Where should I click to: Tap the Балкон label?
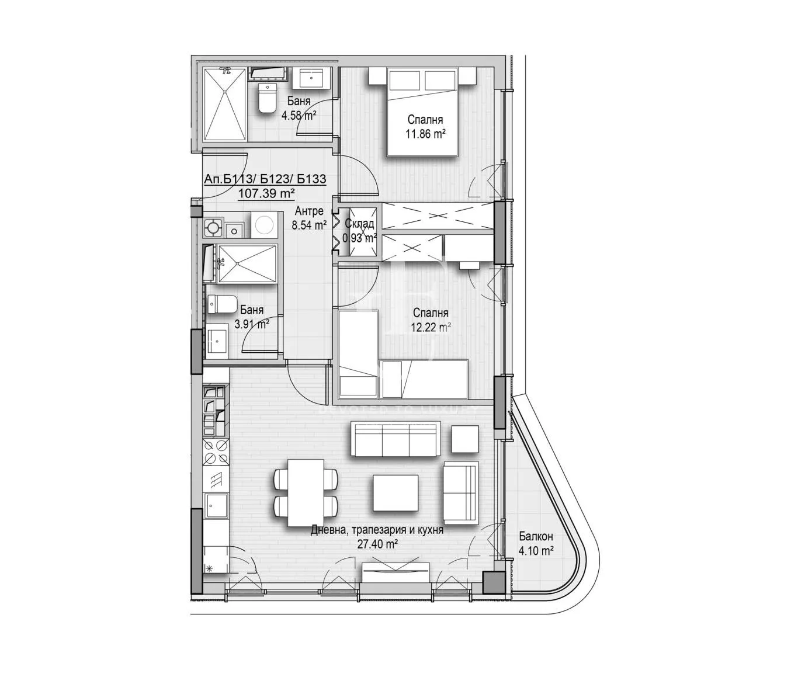pyautogui.click(x=536, y=536)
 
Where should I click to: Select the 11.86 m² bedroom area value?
pyautogui.click(x=425, y=133)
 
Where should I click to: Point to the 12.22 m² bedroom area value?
pyautogui.click(x=429, y=327)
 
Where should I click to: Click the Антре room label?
pyautogui.click(x=309, y=211)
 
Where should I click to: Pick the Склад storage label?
pyautogui.click(x=359, y=224)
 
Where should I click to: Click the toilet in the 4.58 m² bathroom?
pyautogui.click(x=267, y=99)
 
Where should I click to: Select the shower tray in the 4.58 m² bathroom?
pyautogui.click(x=224, y=104)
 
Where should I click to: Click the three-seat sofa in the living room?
pyautogui.click(x=394, y=439)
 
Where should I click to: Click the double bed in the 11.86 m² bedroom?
pyautogui.click(x=422, y=111)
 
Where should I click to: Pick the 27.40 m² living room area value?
pyautogui.click(x=377, y=544)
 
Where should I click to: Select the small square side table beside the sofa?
pyautogui.click(x=465, y=439)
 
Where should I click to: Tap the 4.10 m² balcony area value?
pyautogui.click(x=536, y=550)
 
